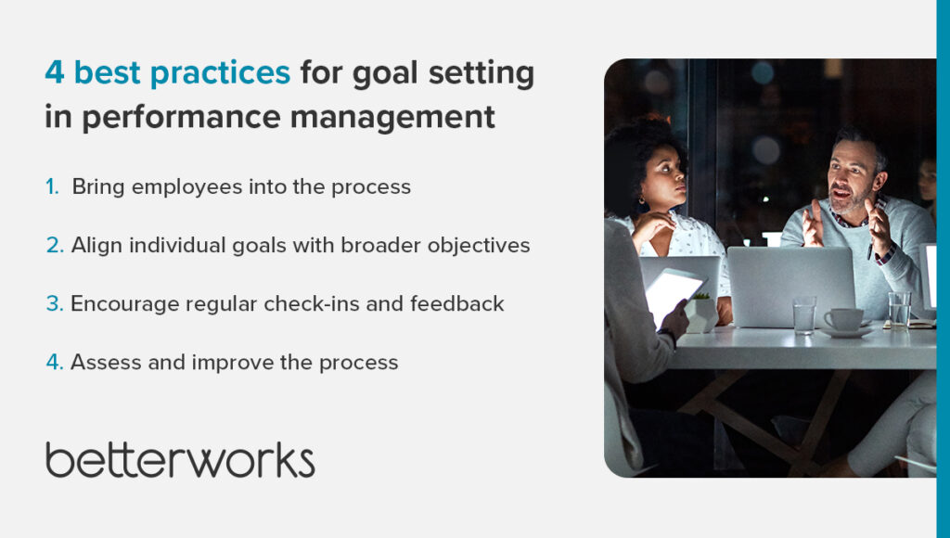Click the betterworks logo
point(180,460)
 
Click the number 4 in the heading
point(55,72)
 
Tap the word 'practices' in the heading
point(220,73)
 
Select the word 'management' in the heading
point(392,116)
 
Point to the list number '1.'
point(53,186)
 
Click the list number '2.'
point(55,246)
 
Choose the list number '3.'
point(55,303)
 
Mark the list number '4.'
point(55,363)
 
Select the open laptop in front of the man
point(790,287)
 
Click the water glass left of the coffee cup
point(804,315)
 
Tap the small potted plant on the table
point(701,312)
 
